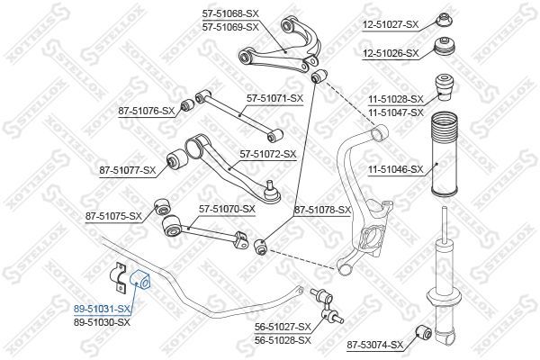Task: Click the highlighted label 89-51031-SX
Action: click(x=102, y=308)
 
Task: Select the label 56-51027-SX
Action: click(x=281, y=327)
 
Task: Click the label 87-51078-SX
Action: click(x=322, y=209)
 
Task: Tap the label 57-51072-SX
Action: click(x=267, y=154)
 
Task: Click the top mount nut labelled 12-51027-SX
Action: click(x=443, y=17)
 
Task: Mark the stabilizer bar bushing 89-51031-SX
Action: click(x=142, y=277)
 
